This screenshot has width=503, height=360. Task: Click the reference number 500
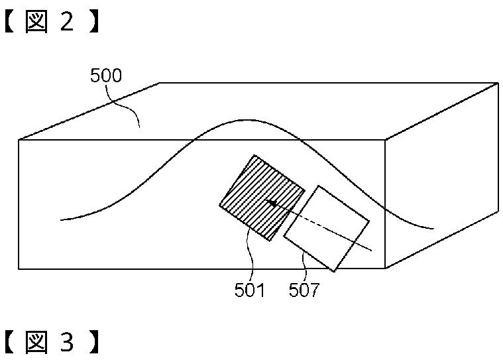click(x=106, y=76)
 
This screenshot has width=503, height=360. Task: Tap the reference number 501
click(x=250, y=290)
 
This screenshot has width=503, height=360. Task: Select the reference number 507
click(x=304, y=290)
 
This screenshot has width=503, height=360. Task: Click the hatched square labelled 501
click(x=262, y=197)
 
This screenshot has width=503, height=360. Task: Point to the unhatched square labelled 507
click(x=326, y=227)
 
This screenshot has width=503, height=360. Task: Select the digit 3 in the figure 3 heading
click(x=68, y=343)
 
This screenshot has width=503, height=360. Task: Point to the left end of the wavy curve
click(x=61, y=219)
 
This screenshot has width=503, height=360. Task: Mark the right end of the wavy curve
click(x=433, y=229)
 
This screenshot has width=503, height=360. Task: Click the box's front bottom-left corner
click(x=19, y=269)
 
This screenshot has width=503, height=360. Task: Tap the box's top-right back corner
click(x=497, y=83)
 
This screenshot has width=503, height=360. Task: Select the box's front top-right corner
click(x=386, y=139)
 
